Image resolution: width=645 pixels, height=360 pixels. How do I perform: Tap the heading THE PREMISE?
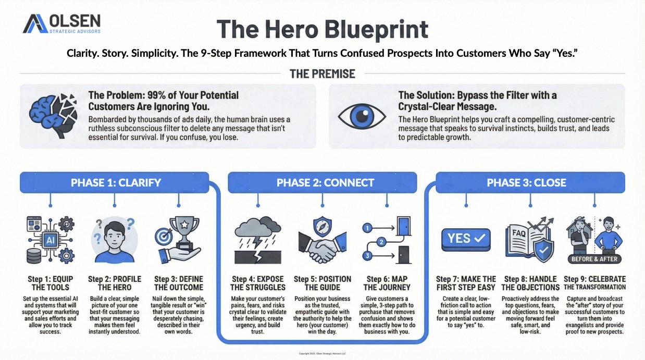point(323,73)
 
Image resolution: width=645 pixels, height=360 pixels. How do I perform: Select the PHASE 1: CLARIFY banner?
point(116,182)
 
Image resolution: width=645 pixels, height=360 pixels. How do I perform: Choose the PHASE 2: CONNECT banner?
point(325,182)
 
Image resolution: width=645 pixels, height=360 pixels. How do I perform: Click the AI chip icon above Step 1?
point(50,240)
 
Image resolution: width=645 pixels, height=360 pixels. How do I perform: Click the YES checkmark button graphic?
point(465,238)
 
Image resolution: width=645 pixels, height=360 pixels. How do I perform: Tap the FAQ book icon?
point(527,240)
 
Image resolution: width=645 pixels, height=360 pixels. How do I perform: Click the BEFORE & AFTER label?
point(594,259)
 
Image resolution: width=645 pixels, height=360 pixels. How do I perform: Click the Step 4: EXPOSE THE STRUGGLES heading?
point(259,283)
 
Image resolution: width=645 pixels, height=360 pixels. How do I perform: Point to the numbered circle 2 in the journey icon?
point(381,242)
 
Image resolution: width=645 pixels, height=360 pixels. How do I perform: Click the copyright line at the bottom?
point(323,353)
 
